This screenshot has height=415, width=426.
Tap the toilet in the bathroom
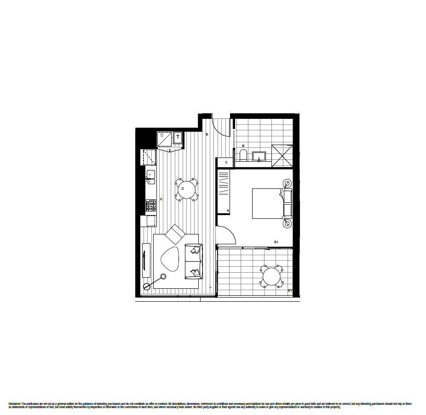point(244,155)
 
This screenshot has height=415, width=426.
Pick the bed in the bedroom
point(269,203)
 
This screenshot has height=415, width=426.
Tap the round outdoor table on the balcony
point(271,277)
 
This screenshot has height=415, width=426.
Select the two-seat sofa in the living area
point(194,261)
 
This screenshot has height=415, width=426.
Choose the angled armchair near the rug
point(175,234)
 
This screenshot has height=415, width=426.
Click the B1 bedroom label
point(276,242)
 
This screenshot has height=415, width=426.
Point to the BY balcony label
point(290,291)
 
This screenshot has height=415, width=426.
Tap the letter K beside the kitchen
point(161,199)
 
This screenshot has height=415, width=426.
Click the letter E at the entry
point(207,134)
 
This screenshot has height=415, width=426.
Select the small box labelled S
point(226,163)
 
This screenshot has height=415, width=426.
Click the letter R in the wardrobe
point(228,210)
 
